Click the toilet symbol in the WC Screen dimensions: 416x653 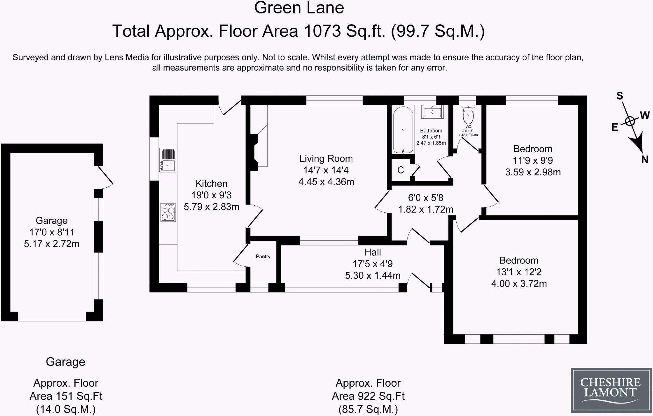coord(468,116)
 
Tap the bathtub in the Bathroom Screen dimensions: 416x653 coord(403,130)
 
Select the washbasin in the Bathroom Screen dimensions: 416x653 coord(433,112)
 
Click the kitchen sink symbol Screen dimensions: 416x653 coord(168,160)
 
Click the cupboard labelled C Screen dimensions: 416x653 coord(401,170)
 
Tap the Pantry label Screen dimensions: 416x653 coord(263,256)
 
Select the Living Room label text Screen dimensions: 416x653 coord(326,159)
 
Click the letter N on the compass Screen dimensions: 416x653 coord(645,160)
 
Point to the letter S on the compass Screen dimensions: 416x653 coord(620,96)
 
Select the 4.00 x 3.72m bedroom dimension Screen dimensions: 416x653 coord(519,284)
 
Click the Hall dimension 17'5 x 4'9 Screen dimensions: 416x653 coord(372,264)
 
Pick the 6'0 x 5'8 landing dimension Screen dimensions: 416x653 coord(426,198)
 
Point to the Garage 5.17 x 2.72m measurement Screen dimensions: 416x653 coord(52,244)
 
